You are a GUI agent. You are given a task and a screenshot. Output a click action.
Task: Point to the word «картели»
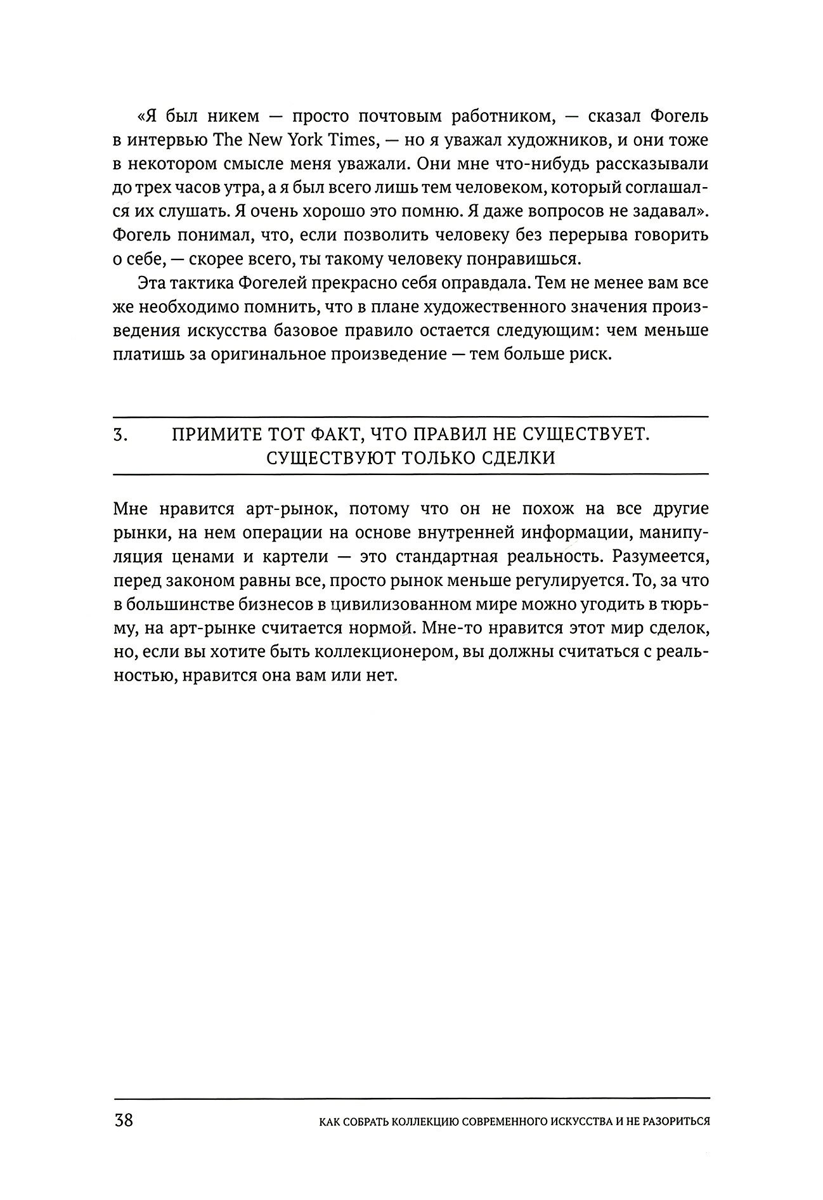299,557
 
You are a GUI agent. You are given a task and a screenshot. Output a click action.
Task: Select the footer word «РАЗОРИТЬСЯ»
670,1121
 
